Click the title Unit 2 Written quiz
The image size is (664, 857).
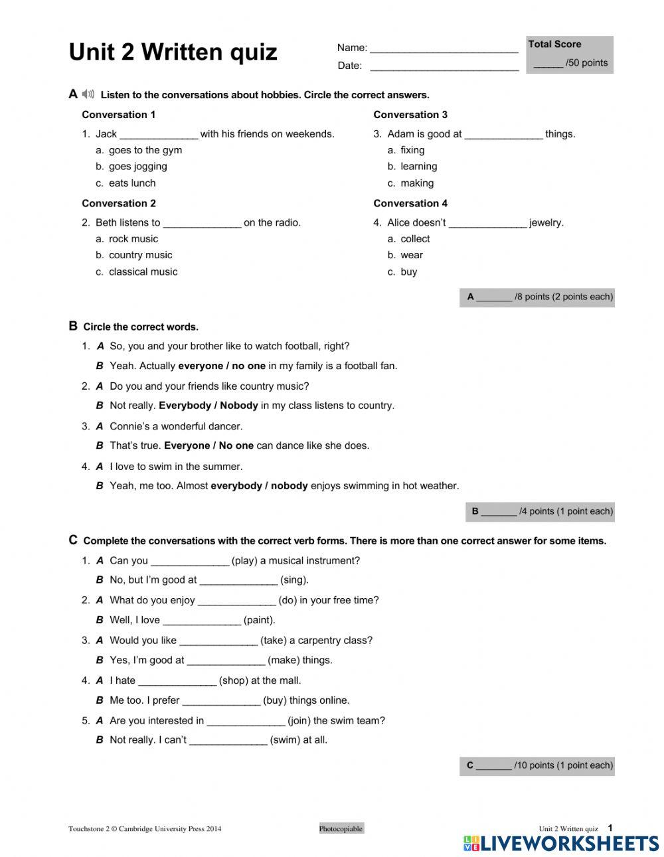[x=173, y=52]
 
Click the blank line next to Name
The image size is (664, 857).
[x=444, y=49]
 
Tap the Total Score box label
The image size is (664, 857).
[x=554, y=44]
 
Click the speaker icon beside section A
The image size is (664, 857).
[x=88, y=94]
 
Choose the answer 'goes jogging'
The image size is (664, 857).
[x=137, y=167]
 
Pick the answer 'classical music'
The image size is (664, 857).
[x=143, y=272]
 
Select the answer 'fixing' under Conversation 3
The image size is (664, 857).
[x=412, y=150]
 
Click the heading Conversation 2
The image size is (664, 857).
[x=119, y=203]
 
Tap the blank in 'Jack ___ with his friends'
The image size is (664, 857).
[x=159, y=135]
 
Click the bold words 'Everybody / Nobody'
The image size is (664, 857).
[x=208, y=406]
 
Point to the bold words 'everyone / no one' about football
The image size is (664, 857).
[x=222, y=366]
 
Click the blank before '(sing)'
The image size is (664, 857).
[x=238, y=581]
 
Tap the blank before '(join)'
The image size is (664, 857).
[x=246, y=722]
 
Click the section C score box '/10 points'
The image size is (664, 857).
[x=537, y=765]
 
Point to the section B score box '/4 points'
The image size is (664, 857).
[x=540, y=511]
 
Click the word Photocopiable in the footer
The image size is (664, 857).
[x=341, y=828]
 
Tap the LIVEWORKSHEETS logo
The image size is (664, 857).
[x=561, y=843]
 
